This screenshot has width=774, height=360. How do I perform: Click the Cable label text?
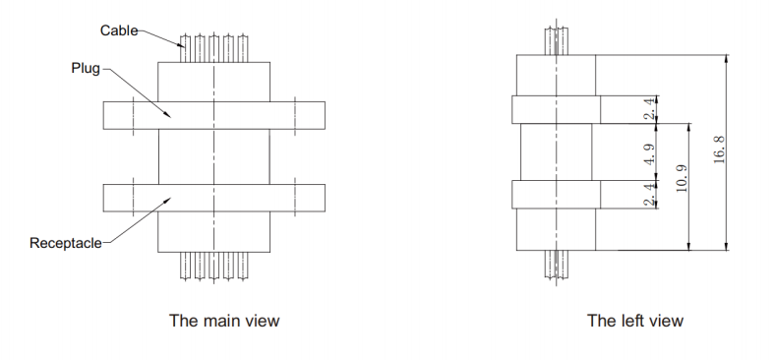(x=119, y=30)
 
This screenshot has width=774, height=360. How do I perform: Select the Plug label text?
(x=86, y=69)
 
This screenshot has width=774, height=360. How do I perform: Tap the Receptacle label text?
(x=66, y=242)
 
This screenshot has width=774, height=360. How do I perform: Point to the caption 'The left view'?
(x=635, y=321)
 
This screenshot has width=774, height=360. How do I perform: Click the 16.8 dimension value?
(x=719, y=151)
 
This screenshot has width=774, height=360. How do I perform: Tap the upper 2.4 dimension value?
(x=649, y=109)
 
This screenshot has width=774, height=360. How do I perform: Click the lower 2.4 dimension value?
(x=649, y=196)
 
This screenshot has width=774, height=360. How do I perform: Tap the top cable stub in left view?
(x=556, y=39)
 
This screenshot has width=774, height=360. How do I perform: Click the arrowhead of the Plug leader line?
(x=168, y=116)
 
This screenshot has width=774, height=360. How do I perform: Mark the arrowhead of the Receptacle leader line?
(x=168, y=200)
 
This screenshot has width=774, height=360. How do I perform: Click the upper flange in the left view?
(x=556, y=109)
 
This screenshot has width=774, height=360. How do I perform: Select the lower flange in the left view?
(x=556, y=195)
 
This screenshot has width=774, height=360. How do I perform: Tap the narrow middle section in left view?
(x=556, y=152)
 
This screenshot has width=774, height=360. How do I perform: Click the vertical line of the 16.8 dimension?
(x=726, y=151)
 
